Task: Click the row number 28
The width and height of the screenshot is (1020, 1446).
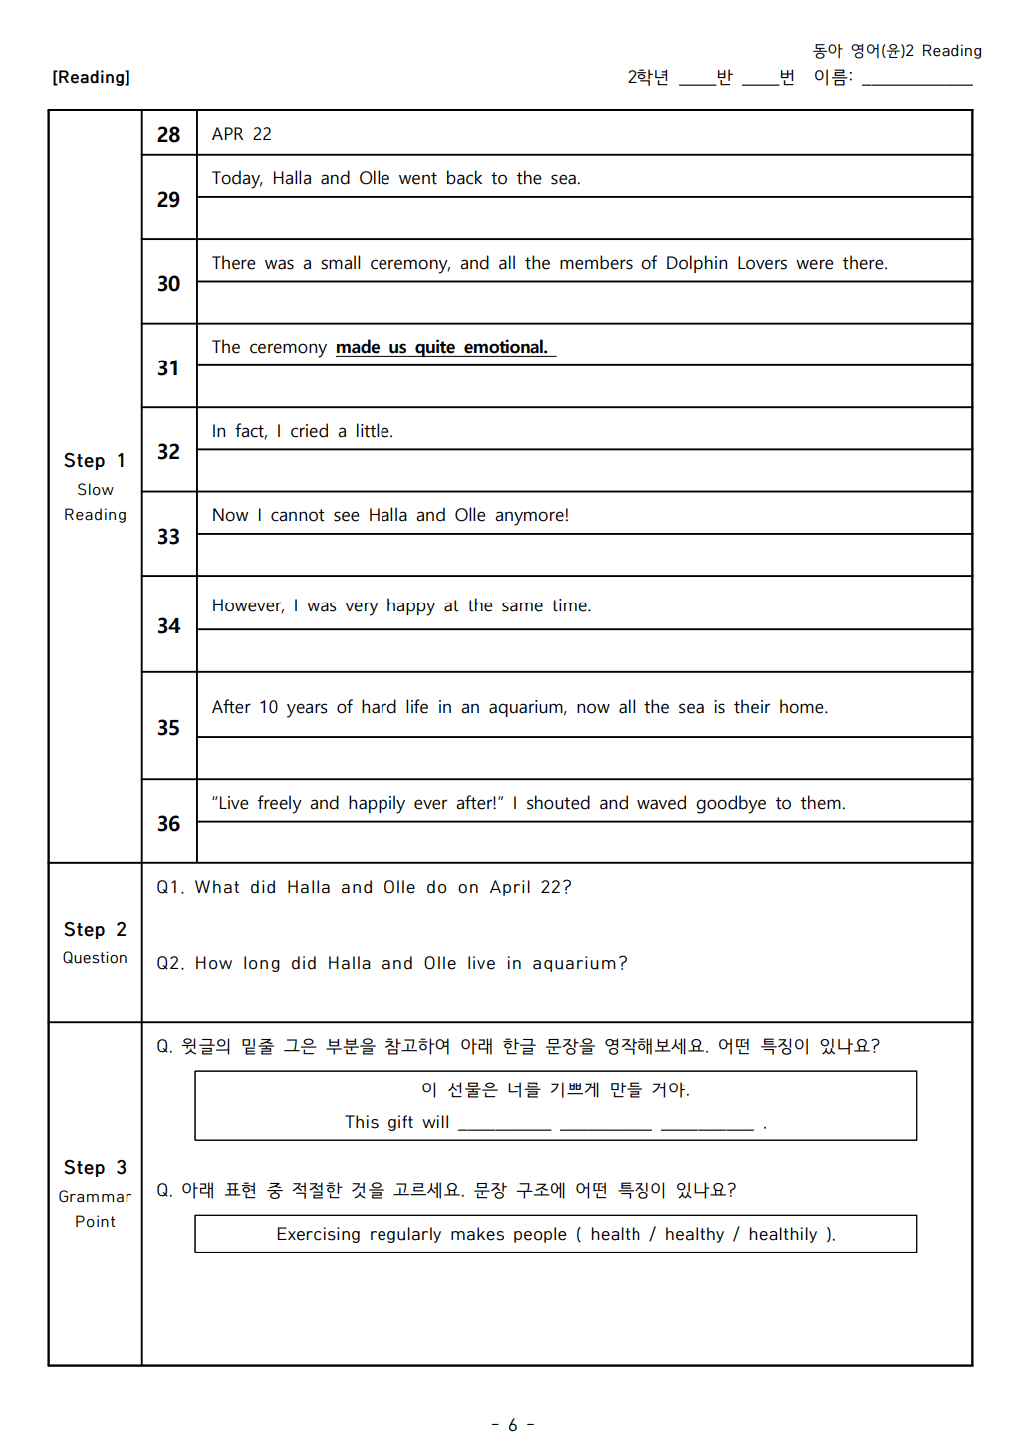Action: coord(168,134)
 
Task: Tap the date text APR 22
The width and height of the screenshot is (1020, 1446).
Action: coord(241,134)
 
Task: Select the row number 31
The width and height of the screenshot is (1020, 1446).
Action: coord(168,368)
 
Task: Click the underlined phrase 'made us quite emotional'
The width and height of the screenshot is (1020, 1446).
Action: coord(442,347)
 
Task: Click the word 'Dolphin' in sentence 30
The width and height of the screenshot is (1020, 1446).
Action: coord(696,263)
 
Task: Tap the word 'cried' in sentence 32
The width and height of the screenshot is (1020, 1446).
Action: coord(309,431)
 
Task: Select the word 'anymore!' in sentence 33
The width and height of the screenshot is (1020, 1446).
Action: coord(532,515)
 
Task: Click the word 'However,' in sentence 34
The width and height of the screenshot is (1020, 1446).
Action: coord(248,605)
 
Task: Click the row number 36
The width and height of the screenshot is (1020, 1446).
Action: coord(168,824)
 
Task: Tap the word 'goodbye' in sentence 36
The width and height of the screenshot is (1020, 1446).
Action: coord(731,803)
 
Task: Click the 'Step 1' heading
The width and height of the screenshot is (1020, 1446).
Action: coord(95,460)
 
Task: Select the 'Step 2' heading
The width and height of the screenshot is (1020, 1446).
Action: coord(95,929)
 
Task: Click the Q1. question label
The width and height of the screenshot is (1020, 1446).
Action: coord(170,887)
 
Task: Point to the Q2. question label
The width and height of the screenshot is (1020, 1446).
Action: coord(170,963)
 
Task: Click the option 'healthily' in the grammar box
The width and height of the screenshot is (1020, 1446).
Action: coord(782,1234)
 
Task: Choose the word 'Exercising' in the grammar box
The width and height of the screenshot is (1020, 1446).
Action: coord(318,1234)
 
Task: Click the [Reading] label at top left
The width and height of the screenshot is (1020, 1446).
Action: coord(91,77)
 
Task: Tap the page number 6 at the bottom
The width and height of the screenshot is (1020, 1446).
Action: coord(512,1425)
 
